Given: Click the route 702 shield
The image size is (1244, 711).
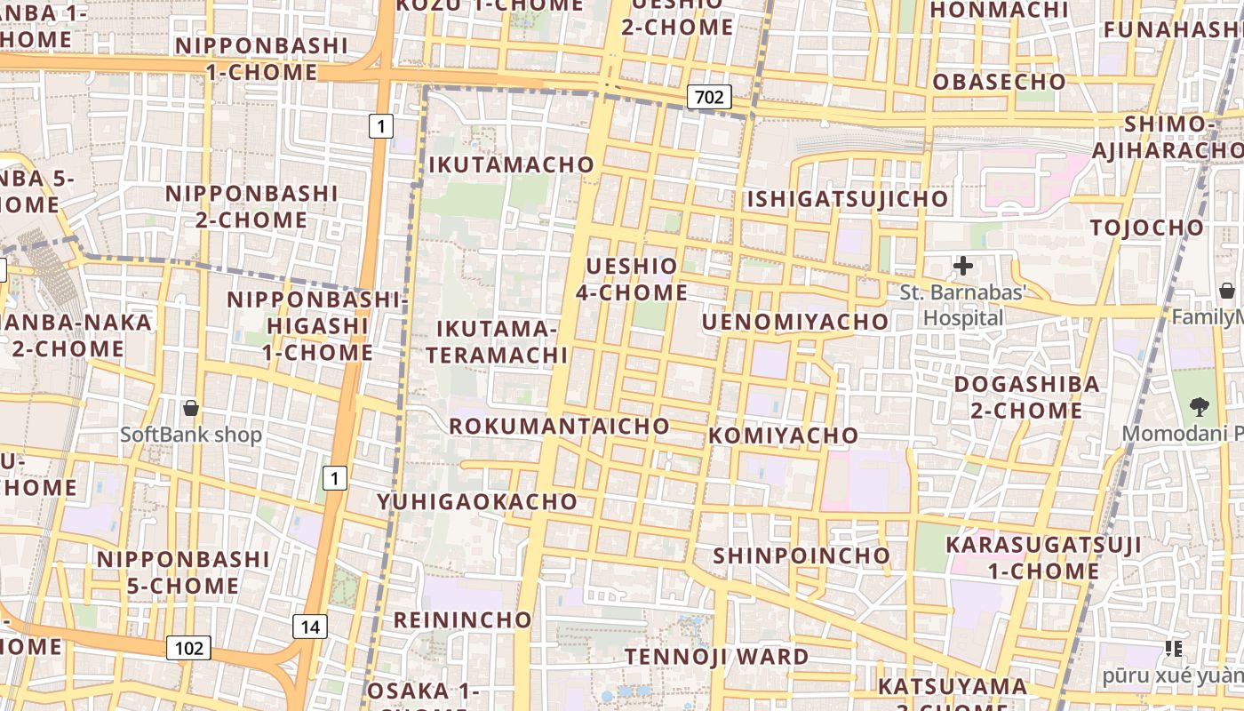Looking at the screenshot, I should [709, 97].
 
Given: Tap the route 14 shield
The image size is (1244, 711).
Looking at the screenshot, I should [309, 627].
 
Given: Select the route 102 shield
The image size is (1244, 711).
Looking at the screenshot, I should [188, 648].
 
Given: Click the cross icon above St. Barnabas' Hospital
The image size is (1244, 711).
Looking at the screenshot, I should [962, 265].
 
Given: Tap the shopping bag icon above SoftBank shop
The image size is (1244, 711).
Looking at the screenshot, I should [190, 409].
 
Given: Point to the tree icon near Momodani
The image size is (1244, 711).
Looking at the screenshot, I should [1200, 407].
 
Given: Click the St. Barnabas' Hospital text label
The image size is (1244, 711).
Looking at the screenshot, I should [963, 305].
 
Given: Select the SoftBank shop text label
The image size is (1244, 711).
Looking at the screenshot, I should [191, 435].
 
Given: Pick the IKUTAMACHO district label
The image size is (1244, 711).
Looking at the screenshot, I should [511, 164].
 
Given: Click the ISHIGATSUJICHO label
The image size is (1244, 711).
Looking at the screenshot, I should [847, 199].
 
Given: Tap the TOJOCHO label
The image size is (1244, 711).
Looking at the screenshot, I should [1146, 228].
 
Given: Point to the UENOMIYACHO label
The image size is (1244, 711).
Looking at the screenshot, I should [794, 322].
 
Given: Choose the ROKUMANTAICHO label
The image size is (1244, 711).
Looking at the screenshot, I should [559, 426].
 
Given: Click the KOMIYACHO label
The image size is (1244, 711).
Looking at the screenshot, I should [783, 435].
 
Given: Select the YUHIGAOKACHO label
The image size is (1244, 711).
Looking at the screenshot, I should [477, 501].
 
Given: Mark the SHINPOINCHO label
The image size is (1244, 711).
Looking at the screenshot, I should [801, 555].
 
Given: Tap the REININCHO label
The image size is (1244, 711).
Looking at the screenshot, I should [462, 619].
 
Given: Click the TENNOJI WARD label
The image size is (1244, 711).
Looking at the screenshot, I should [716, 657].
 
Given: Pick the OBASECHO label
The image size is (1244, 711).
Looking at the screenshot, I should [999, 82].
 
